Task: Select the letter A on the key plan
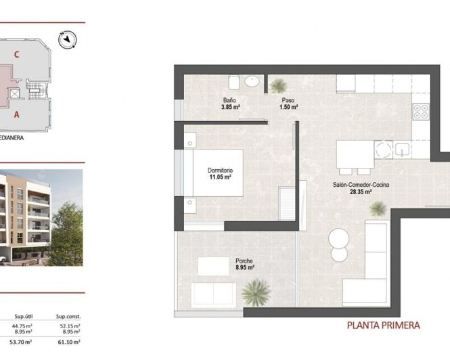16,114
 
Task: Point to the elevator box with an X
16,93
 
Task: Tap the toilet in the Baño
233,83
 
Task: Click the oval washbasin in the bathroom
252,81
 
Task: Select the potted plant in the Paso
278,86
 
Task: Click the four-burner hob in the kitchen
421,111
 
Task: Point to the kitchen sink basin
401,149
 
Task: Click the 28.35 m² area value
360,192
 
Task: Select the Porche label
244,261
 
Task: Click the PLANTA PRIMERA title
383,325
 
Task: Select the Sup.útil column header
24,316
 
